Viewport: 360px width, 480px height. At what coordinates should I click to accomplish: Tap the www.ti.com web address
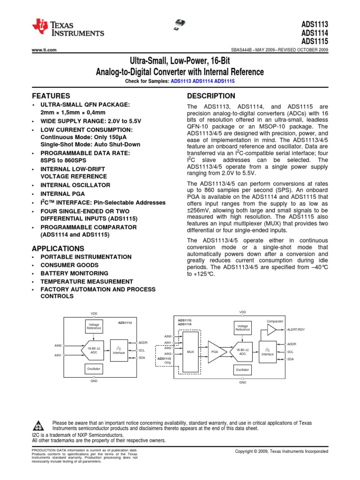[x=44, y=50]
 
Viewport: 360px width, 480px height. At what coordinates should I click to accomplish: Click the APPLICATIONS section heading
[x=58, y=248]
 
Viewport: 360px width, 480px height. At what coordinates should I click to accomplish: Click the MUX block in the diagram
[x=190, y=351]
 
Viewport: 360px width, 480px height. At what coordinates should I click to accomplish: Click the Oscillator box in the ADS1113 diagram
[x=94, y=369]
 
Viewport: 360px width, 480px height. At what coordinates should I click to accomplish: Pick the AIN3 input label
[x=168, y=353]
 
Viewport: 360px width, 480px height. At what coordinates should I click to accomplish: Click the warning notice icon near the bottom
[x=40, y=426]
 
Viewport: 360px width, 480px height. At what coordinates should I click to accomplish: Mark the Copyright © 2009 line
[x=281, y=451]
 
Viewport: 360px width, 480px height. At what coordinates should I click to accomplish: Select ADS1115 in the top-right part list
[x=315, y=41]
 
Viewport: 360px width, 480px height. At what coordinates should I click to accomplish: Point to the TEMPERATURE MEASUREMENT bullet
[x=87, y=281]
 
